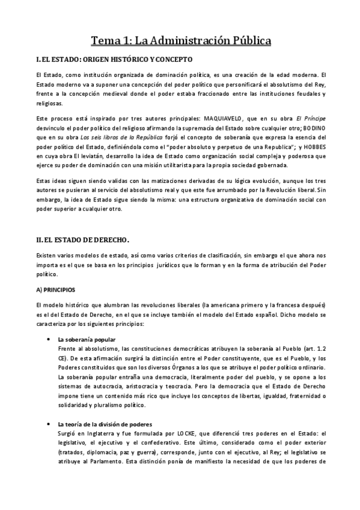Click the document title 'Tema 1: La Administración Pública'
180,41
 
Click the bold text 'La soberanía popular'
87,340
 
